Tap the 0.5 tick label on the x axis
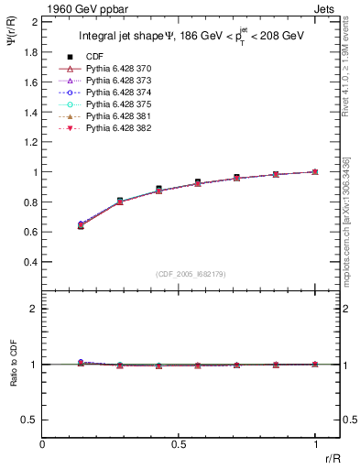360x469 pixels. tap(179, 444)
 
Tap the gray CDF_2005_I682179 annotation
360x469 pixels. tap(191, 274)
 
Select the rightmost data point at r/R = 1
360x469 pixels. tap(315, 171)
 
